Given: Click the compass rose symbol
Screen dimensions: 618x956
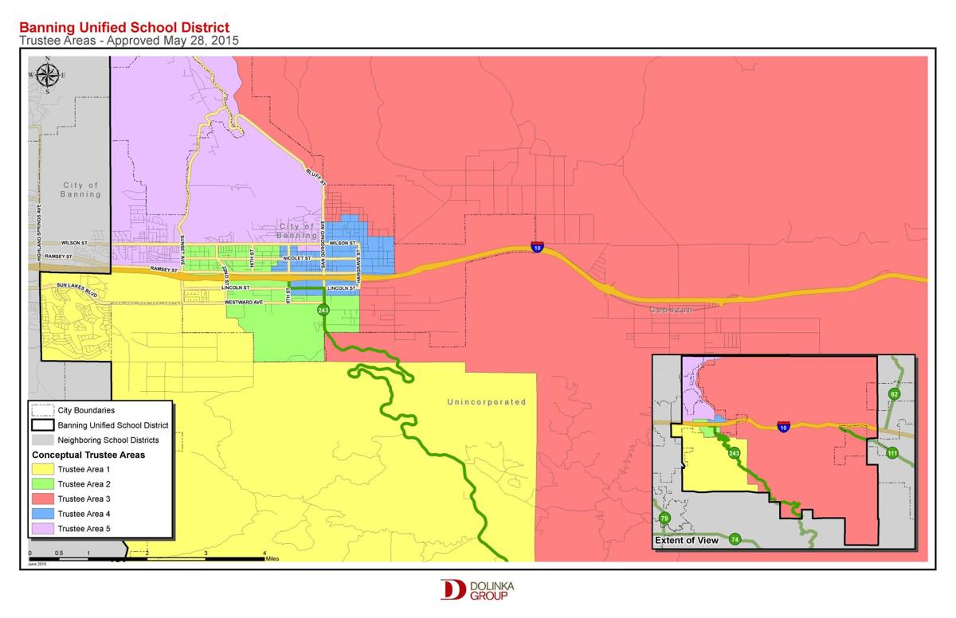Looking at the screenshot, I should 47,76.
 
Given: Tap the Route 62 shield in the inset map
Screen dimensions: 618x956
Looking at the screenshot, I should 894,394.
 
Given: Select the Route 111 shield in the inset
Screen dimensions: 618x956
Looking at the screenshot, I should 892,453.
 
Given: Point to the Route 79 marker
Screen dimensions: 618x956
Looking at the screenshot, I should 665,519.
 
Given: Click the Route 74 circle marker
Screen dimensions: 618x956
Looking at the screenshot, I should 735,539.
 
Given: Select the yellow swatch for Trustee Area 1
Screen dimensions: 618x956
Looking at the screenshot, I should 43,469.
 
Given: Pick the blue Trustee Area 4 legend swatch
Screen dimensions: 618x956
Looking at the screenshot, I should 43,514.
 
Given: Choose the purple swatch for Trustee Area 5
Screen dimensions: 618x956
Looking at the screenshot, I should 43,529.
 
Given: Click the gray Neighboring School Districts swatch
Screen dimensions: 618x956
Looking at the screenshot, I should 43,440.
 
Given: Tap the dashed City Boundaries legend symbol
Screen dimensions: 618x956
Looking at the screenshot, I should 43,410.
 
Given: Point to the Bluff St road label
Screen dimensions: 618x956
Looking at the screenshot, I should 316,176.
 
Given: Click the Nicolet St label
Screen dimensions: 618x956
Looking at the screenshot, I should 296,258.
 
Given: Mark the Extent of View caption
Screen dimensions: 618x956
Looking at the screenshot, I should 687,541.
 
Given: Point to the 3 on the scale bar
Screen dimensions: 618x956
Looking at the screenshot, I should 206,552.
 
